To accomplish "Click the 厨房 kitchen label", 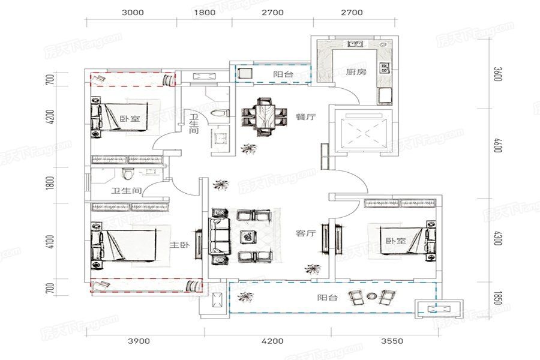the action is pos(356,72).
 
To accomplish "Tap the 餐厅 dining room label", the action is pos(305,117).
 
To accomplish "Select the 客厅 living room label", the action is pos(305,233).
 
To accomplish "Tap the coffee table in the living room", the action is pos(247,236).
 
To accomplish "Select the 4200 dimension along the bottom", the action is pos(272,341).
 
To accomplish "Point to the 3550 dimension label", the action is pos(392,341).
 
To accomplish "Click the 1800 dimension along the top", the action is pos(205,13).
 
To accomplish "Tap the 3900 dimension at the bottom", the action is pos(139,341).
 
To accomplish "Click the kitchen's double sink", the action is pos(355,44).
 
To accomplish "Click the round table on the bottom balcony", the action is pos(371,295).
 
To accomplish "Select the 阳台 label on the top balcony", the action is pos(283,74).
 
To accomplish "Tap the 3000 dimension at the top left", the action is pos(133,13).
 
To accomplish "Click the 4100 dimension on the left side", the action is pos(50,242).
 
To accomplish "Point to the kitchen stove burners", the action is pos(385,68).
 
